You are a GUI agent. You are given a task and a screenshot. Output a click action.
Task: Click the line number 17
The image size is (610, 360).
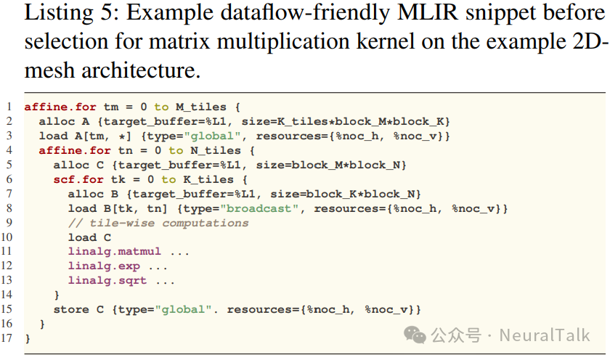click(8, 337)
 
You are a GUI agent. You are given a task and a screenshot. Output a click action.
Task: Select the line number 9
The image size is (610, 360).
click(8, 222)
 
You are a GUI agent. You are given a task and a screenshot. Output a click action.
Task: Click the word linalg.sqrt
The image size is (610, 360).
click(107, 280)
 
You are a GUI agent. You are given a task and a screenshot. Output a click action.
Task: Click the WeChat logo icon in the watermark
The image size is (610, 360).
click(416, 335)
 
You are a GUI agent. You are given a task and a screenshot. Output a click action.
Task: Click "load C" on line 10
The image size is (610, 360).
click(89, 237)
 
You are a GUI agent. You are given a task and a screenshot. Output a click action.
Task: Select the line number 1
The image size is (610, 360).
click(8, 107)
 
